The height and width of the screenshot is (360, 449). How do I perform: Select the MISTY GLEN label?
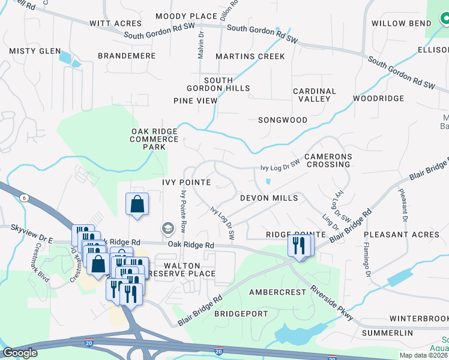point(35,51)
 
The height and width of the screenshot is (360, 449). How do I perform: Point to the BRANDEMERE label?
point(127,56)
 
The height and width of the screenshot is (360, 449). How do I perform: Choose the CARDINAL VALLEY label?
point(315,95)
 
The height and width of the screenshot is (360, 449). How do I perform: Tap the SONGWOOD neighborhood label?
point(283,120)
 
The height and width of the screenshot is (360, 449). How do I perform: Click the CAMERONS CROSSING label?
point(327,160)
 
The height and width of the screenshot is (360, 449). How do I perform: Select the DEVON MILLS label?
point(269,198)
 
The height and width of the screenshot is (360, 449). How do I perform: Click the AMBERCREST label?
point(277,292)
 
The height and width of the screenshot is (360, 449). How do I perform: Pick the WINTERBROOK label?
point(418,318)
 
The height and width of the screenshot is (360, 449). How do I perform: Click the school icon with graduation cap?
point(167,228)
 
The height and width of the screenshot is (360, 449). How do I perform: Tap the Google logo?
point(20,353)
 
